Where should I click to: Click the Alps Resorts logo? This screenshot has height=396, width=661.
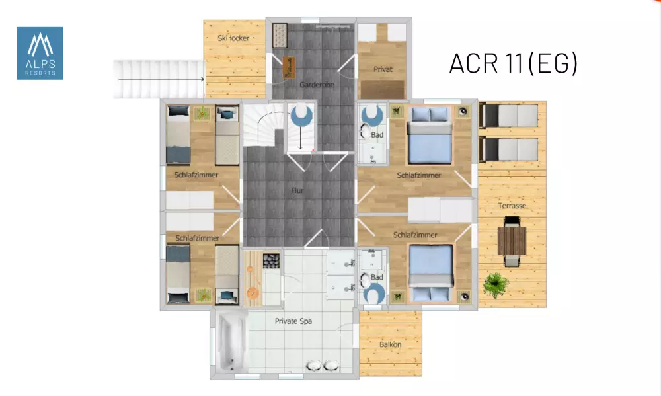click(x=40, y=54)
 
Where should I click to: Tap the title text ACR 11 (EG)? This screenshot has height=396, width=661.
click(x=514, y=63)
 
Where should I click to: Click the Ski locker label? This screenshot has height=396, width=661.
click(x=233, y=38)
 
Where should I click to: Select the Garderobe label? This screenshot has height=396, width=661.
click(x=317, y=85)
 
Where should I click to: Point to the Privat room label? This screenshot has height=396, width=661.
click(x=383, y=69)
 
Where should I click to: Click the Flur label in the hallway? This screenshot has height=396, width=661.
click(x=297, y=190)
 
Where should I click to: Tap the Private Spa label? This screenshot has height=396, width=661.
click(x=293, y=321)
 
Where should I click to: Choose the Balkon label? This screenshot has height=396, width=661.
click(x=391, y=344)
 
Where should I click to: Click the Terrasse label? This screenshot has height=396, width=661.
click(x=512, y=206)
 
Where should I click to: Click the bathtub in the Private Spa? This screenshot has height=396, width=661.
click(x=231, y=342)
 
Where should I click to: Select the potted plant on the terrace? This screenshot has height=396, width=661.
click(x=496, y=286)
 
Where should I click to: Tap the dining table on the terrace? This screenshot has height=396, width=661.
click(x=512, y=241)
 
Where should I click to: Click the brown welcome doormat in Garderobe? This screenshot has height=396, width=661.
click(x=289, y=67)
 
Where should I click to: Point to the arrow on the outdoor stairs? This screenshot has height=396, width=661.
click(x=161, y=79)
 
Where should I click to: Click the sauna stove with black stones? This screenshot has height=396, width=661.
click(x=271, y=260)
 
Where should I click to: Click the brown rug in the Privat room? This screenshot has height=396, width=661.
click(x=382, y=90)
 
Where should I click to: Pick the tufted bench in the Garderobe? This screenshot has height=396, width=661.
click(x=280, y=36)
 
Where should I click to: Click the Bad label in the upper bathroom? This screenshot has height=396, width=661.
click(x=377, y=134)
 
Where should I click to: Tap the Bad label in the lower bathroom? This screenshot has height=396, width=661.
click(x=377, y=277)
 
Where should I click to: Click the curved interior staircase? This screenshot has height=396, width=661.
click(x=264, y=125)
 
